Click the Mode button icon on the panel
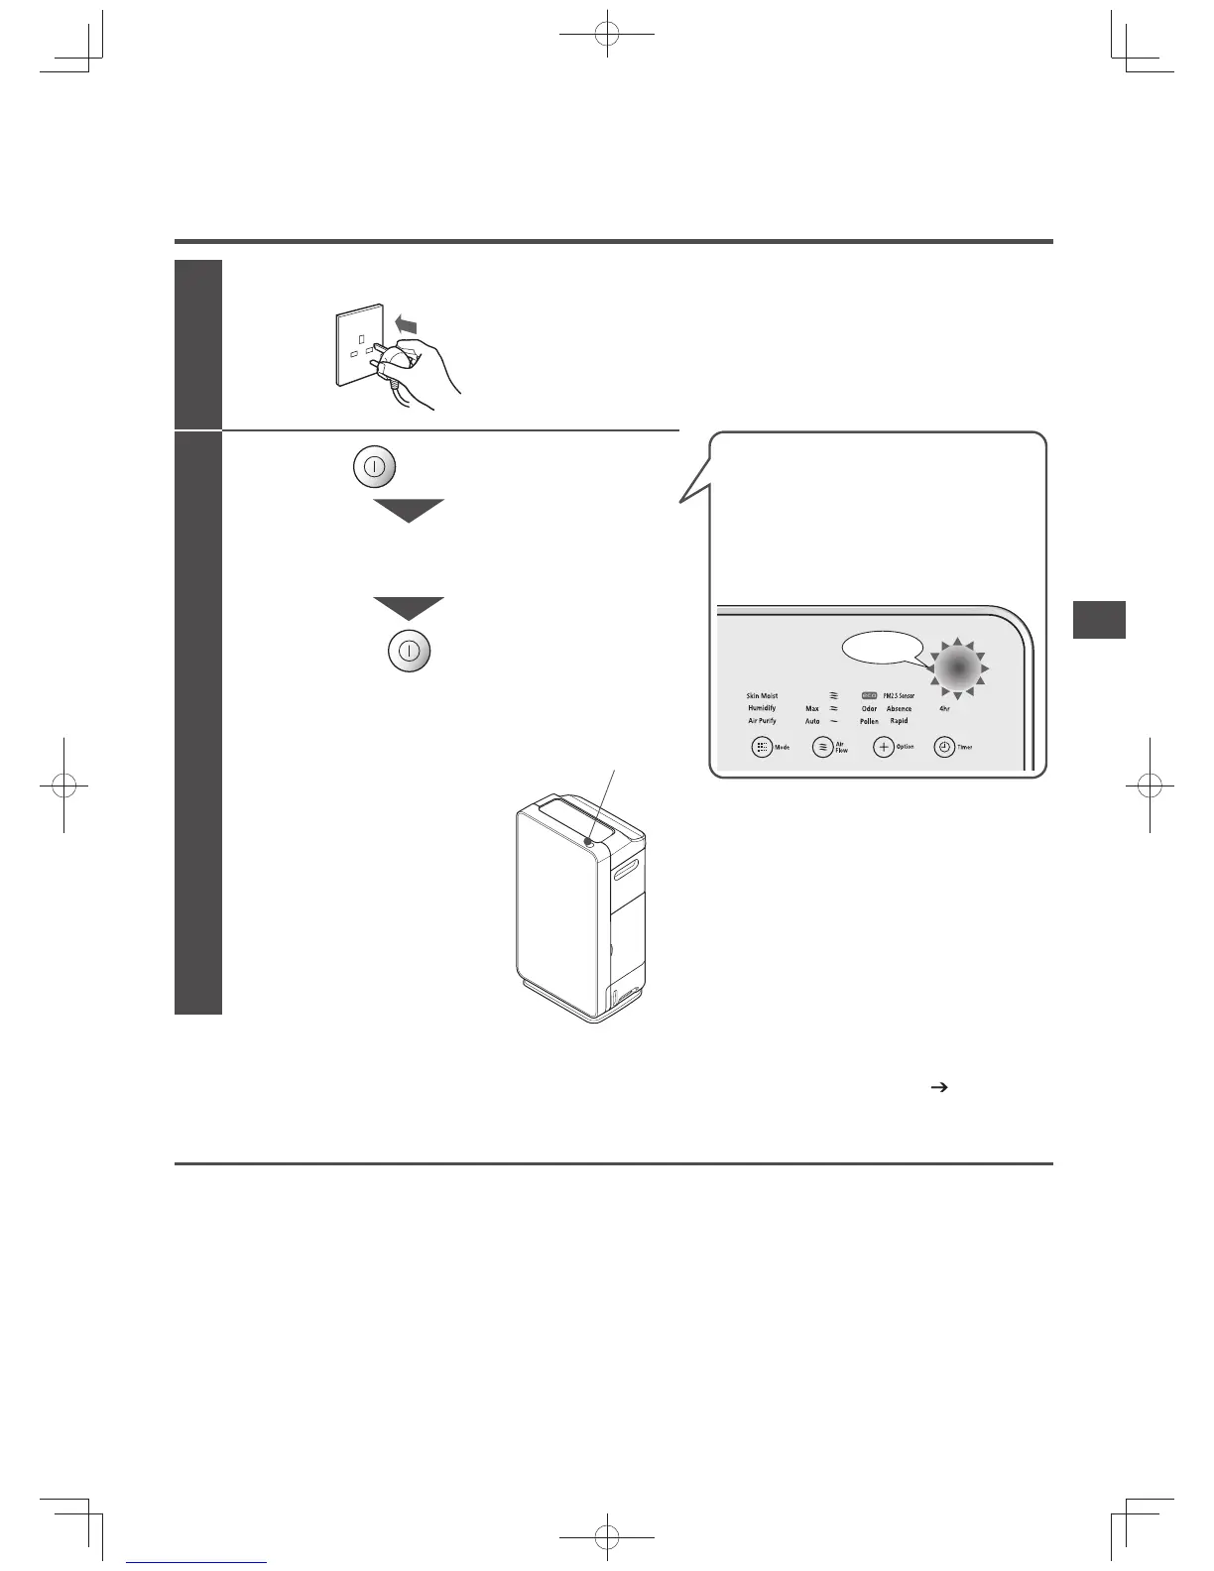pyautogui.click(x=762, y=747)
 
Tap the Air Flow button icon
pyautogui.click(x=822, y=747)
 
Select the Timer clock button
pyautogui.click(x=944, y=747)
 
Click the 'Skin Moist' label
pyautogui.click(x=762, y=696)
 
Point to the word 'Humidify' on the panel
pyautogui.click(x=762, y=708)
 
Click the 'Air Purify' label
pyautogui.click(x=762, y=721)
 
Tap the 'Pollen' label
pyautogui.click(x=869, y=721)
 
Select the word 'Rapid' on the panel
pyautogui.click(x=899, y=721)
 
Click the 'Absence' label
pyautogui.click(x=899, y=708)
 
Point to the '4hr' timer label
pyautogui.click(x=944, y=708)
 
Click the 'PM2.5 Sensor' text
pyautogui.click(x=899, y=696)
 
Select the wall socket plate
pyautogui.click(x=360, y=344)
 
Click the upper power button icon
pyautogui.click(x=375, y=466)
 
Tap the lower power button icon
pyautogui.click(x=408, y=652)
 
